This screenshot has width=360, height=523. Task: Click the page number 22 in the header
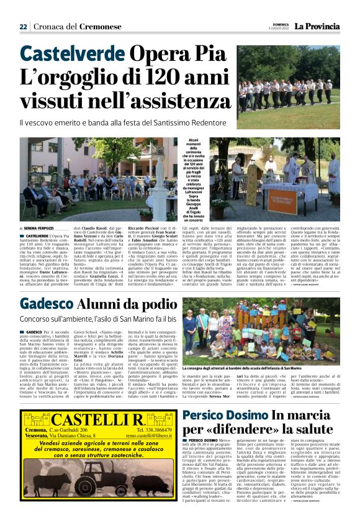(x=23, y=27)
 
